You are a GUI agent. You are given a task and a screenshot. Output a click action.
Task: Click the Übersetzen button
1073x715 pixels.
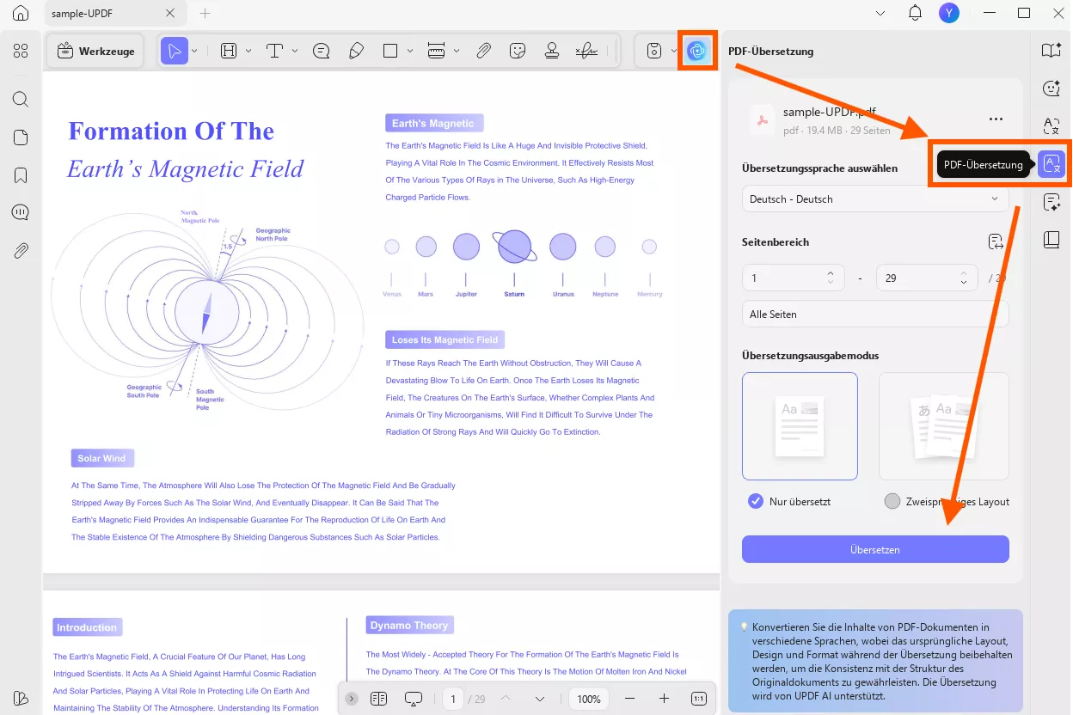875,549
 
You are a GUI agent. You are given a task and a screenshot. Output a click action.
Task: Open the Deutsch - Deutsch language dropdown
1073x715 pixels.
875,199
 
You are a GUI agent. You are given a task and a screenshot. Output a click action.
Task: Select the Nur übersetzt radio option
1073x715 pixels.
756,501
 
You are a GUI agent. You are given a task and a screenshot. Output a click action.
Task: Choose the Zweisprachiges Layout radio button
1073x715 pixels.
892,501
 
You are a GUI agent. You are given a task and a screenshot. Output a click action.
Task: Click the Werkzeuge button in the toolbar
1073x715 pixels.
95,52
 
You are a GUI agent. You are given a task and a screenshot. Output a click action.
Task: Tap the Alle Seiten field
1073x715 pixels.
875,315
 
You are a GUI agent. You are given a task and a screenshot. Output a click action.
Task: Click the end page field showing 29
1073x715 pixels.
917,278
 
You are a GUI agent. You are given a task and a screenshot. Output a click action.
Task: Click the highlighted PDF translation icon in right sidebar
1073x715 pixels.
1052,164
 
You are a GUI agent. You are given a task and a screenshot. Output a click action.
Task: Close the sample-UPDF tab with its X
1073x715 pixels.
170,14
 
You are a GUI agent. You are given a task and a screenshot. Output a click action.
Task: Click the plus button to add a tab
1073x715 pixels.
205,14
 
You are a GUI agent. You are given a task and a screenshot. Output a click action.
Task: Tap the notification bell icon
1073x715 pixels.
916,13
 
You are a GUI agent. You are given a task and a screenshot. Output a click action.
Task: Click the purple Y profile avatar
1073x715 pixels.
948,13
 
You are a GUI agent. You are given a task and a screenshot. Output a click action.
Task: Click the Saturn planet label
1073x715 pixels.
514,294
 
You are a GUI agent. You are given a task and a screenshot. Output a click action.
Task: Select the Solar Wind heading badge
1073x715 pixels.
102,458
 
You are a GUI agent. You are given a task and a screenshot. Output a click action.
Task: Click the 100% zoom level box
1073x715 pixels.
589,699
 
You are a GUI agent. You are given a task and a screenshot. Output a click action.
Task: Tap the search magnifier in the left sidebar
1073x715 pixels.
21,99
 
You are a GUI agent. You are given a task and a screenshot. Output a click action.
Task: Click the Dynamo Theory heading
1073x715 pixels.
409,626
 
